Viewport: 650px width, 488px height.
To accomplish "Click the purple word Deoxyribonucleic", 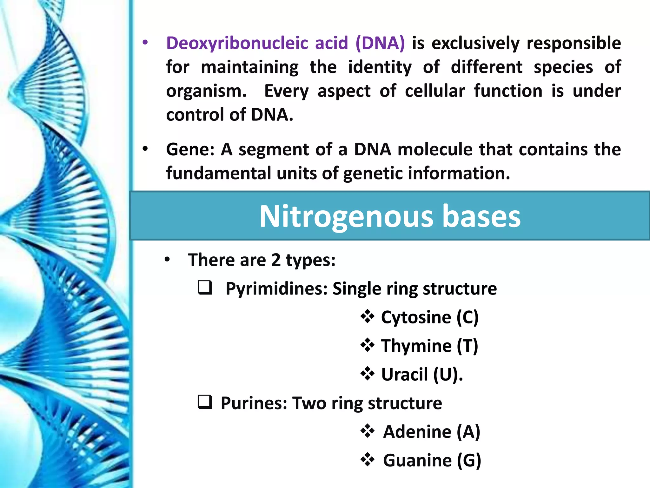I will pos(237,44).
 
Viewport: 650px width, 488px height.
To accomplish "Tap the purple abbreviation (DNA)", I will pos(380,44).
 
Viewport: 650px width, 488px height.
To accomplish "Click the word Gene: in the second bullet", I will pos(190,150).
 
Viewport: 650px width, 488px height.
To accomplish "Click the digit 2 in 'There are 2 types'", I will pos(276,260).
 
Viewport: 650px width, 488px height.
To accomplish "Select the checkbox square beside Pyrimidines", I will pos(205,288).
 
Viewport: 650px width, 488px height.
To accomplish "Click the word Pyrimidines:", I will pos(276,289).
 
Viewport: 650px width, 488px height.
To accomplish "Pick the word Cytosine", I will pos(416,317).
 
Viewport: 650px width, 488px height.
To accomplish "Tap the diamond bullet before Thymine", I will pos(368,345).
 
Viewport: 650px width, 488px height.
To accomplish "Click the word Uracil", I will pos(404,375).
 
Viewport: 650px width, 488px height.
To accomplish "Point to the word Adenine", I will pos(417,432).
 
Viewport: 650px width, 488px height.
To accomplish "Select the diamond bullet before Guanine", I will pos(368,459).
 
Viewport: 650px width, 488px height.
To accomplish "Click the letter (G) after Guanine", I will pos(469,460).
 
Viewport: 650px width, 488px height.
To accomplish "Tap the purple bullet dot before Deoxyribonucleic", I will pos(145,43).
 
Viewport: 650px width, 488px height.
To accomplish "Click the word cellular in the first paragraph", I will pos(435,91).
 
